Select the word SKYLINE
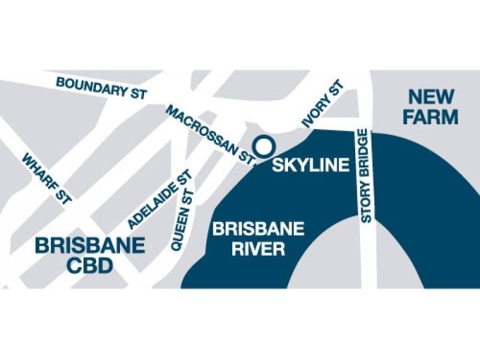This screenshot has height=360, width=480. click(310, 165)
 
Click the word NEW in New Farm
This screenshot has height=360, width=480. click(430, 96)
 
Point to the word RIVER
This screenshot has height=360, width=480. click(259, 248)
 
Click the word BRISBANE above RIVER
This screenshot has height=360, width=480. click(259, 229)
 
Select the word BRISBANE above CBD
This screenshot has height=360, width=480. click(90, 245)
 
